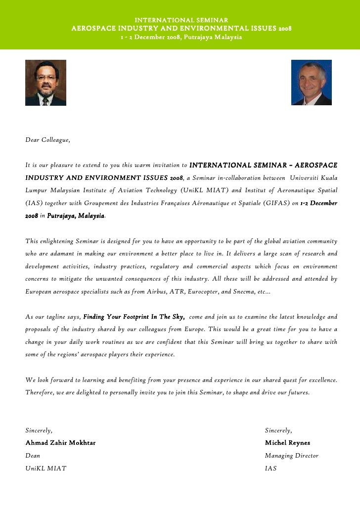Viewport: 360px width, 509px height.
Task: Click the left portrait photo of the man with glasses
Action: point(45,83)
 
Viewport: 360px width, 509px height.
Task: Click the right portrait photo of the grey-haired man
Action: point(311,83)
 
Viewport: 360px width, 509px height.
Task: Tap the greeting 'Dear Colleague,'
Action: point(47,141)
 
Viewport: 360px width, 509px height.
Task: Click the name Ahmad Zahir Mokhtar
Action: point(60,443)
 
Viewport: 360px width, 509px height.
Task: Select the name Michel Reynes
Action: point(287,443)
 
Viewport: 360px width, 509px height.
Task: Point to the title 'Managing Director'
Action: point(291,456)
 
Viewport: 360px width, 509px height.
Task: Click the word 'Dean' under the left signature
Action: point(33,456)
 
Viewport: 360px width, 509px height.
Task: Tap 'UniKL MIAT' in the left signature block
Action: point(45,468)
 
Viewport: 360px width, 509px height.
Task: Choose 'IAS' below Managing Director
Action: point(270,468)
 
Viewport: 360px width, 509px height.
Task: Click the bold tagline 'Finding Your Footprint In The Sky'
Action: point(134,317)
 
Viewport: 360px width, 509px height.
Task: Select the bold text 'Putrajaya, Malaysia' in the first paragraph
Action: point(76,216)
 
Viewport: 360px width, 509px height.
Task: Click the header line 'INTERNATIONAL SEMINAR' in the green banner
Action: point(181,19)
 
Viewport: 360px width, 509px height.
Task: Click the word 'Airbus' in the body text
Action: point(158,292)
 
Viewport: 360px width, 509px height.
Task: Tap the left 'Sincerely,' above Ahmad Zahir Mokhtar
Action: point(39,430)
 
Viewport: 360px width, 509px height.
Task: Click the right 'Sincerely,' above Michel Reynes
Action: point(278,430)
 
